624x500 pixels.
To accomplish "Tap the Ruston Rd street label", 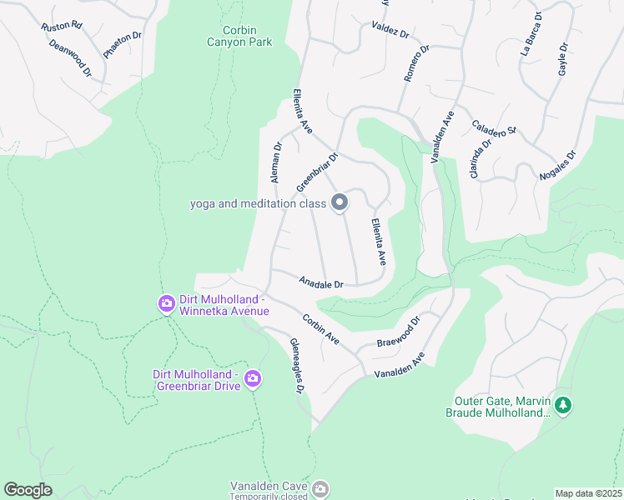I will tap(61, 26).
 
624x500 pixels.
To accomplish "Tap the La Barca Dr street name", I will tap(531, 33).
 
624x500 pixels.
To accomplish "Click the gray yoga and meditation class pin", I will tap(340, 203).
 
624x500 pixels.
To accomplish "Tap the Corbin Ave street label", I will tap(320, 329).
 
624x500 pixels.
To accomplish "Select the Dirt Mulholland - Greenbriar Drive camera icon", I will tap(253, 381).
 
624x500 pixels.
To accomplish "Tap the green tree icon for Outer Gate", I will tap(564, 406).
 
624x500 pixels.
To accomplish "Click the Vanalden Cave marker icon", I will tap(320, 488).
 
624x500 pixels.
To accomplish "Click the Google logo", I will tap(28, 490).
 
